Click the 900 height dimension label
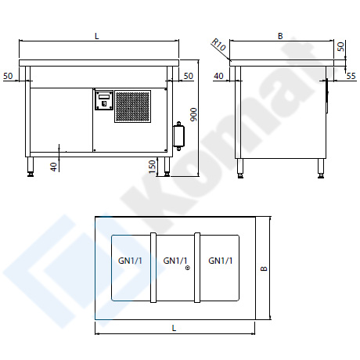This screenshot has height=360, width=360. tap(193, 114)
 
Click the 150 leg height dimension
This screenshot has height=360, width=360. tap(152, 167)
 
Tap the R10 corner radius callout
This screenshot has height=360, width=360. tap(218, 45)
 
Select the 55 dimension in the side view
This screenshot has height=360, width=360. tap(351, 76)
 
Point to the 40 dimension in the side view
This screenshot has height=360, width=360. tap(218, 76)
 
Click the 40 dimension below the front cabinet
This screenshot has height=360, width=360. tap(54, 167)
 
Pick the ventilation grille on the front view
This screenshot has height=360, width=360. tap(133, 106)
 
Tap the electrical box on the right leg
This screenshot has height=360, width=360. tap(178, 136)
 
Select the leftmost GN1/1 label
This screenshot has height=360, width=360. tap(130, 261)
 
